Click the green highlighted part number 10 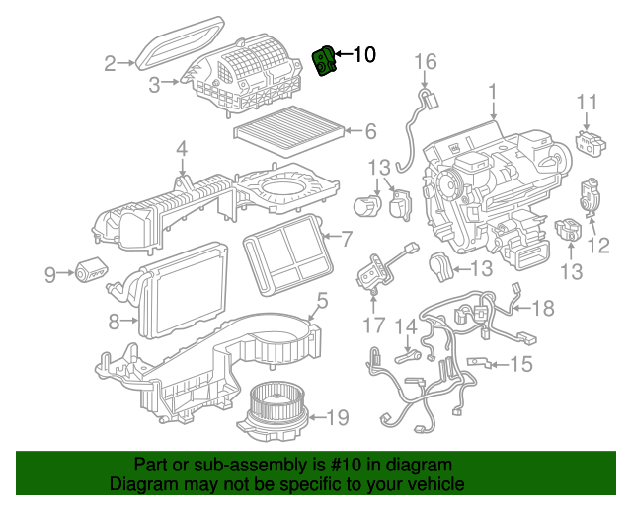coord(324,61)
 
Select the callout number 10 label coord(364,54)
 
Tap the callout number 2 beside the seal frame coord(110,64)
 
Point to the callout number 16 coord(426,61)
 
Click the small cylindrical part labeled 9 coord(92,269)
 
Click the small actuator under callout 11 coord(591,141)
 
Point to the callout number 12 coord(598,245)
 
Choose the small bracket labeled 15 coord(478,362)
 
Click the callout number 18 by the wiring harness coord(543,308)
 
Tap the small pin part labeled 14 coord(407,356)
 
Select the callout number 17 coord(374,325)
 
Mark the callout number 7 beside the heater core coord(347,239)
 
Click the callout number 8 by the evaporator coord(115,322)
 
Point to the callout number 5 coord(323,301)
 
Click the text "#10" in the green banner coord(341,465)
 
